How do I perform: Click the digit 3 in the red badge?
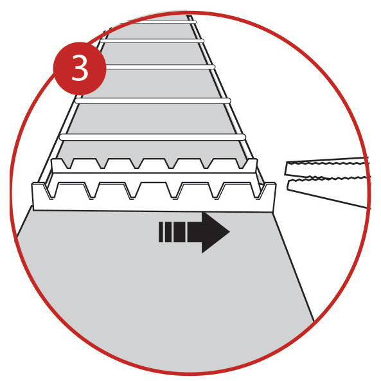click(80, 69)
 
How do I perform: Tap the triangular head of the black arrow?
click(214, 233)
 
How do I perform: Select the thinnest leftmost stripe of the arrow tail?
click(161, 232)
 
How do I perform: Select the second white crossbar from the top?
click(152, 41)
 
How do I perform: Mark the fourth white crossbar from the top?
click(153, 101)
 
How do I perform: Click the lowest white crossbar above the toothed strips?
click(152, 137)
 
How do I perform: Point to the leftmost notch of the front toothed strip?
click(51, 191)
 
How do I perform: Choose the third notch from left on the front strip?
click(133, 191)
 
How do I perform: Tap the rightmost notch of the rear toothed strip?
click(242, 164)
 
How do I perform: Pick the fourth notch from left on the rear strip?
click(172, 164)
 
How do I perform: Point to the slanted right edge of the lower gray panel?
click(294, 267)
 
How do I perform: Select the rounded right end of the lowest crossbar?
click(243, 137)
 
